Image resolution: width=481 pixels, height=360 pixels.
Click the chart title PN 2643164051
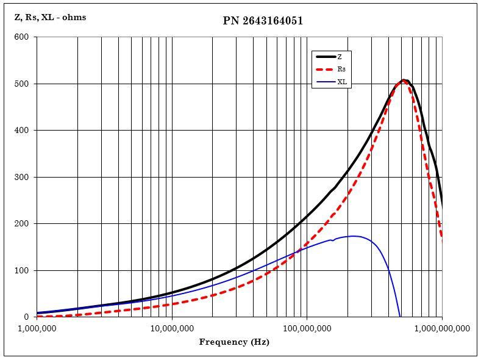point(263,21)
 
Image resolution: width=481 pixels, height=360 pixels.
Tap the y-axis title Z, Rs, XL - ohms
point(51,17)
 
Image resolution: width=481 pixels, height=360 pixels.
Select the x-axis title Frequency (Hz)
point(234,342)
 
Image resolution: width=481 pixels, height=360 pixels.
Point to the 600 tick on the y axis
point(22,37)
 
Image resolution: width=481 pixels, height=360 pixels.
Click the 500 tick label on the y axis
point(22,84)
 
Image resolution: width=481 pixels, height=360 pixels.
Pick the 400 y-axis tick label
point(22,131)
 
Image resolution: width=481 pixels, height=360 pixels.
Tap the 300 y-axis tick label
point(22,177)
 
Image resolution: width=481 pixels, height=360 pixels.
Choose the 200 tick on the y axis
point(22,224)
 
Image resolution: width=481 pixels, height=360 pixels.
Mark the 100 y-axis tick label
point(22,270)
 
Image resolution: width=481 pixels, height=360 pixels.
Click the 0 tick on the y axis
point(26,317)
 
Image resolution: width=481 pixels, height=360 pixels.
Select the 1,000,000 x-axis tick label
point(38,328)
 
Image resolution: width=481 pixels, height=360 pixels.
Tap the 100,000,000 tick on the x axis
point(306,328)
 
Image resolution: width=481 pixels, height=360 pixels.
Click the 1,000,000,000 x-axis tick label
point(441,328)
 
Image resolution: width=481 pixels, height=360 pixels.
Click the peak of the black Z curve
point(404,80)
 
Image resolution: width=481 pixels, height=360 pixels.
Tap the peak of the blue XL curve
point(353,236)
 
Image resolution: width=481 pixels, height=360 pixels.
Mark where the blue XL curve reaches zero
point(400,317)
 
